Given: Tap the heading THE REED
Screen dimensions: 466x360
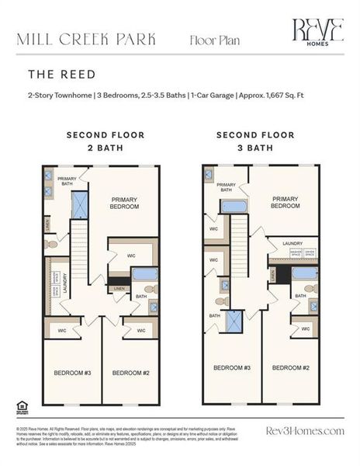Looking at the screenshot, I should click(62, 75).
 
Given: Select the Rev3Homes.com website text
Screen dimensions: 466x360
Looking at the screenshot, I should click(304, 431).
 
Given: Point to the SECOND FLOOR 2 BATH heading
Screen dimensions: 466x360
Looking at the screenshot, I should click(105, 141).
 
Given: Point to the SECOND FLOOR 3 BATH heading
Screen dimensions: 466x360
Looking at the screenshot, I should click(255, 141).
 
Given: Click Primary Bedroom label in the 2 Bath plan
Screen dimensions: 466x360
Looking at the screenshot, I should click(123, 203).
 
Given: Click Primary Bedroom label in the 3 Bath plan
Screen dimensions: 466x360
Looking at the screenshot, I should click(285, 203).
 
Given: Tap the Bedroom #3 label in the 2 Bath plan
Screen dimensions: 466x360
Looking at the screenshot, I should click(72, 374).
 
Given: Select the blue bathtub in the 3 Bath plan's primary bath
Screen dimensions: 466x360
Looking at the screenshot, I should click(234, 207).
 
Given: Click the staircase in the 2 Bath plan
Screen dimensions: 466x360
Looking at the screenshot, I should click(80, 252).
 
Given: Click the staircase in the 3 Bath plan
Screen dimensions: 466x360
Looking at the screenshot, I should click(239, 249).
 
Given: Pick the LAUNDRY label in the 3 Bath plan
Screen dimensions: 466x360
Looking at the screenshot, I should click(292, 243).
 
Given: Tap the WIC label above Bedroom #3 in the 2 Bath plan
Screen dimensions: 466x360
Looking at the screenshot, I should click(64, 331).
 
